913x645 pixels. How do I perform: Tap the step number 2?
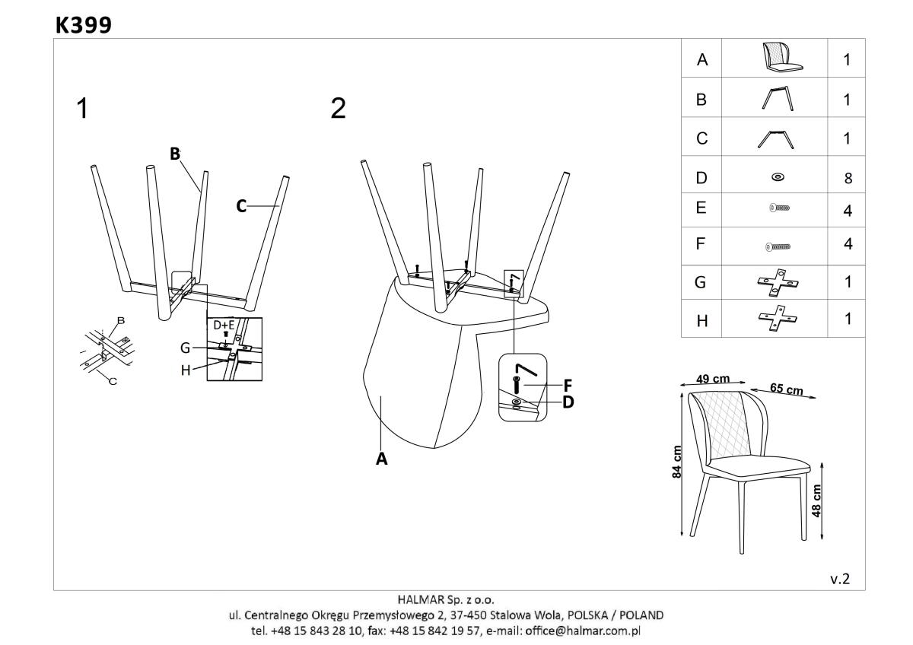point(338,110)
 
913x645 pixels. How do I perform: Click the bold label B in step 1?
point(175,154)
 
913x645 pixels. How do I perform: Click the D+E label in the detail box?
point(224,326)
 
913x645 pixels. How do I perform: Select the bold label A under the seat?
point(382,459)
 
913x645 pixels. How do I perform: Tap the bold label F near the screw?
point(568,384)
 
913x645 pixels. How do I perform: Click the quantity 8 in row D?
point(848,179)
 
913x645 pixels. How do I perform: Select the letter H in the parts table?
point(701,320)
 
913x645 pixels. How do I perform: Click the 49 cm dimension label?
point(714,379)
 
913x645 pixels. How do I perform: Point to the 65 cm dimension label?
point(786,389)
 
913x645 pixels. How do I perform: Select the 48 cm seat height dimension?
point(816,500)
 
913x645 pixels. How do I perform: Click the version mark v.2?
point(840,579)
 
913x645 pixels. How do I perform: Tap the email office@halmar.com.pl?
point(586,631)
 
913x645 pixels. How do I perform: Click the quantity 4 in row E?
point(848,211)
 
